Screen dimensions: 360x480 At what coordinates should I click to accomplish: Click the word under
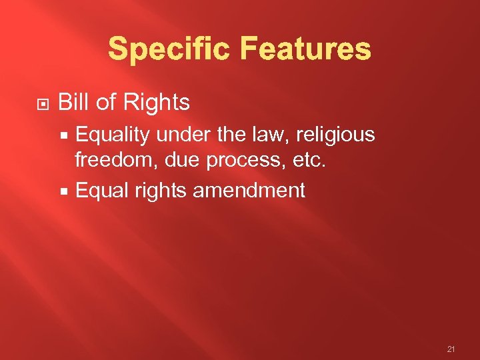tap(183, 135)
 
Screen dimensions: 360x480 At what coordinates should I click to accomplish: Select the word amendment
tap(249, 191)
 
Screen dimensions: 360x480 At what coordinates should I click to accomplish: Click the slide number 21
tap(451, 348)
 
